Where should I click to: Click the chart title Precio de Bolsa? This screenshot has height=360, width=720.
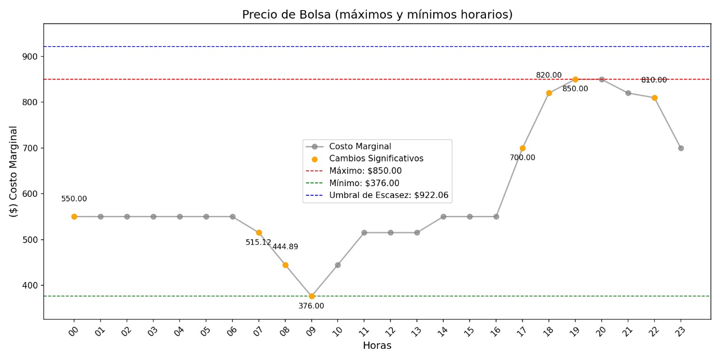[x=377, y=15]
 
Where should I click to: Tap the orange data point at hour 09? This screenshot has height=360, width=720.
[x=312, y=296]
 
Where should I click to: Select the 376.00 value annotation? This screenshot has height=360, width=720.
[x=311, y=306]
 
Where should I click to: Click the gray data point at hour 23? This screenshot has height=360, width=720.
[x=681, y=148]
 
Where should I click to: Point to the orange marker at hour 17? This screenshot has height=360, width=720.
[x=523, y=148]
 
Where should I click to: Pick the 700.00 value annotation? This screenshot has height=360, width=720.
[x=523, y=158]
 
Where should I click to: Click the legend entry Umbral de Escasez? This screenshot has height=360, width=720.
[x=389, y=195]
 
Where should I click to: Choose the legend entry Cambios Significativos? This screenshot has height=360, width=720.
[x=376, y=159]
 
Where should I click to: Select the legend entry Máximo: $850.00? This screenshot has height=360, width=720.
[x=365, y=171]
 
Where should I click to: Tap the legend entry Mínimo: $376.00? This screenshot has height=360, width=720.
[x=364, y=183]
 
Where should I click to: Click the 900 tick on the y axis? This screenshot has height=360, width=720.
[x=30, y=57]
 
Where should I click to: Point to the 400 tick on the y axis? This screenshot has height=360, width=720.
[x=30, y=286]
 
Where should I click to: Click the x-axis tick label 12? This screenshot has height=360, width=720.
[x=390, y=331]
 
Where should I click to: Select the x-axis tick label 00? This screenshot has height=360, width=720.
[x=74, y=331]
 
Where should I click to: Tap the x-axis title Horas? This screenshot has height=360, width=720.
[x=377, y=345]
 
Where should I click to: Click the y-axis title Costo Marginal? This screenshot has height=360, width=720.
[x=14, y=171]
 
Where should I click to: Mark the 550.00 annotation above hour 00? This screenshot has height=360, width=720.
[x=74, y=199]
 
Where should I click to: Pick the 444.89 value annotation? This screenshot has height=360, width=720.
[x=285, y=247]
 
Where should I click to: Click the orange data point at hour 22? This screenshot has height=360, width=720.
[x=654, y=98]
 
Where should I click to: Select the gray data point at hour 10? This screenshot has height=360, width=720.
[x=338, y=265]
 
